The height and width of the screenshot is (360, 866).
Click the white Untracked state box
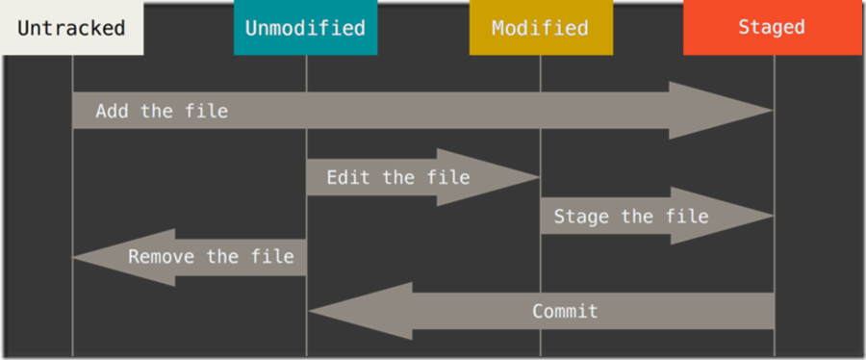pos(71,27)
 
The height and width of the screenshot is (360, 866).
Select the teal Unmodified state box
pos(305,28)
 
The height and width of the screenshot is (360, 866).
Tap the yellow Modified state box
pos(540,28)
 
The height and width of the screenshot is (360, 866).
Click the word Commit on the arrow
pos(565,311)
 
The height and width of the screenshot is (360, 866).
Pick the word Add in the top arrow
pos(112,111)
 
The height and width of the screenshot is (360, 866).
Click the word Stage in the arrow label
pos(581,216)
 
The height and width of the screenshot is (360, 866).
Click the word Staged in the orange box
pos(772,27)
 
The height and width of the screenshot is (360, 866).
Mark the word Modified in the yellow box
pos(540,28)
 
